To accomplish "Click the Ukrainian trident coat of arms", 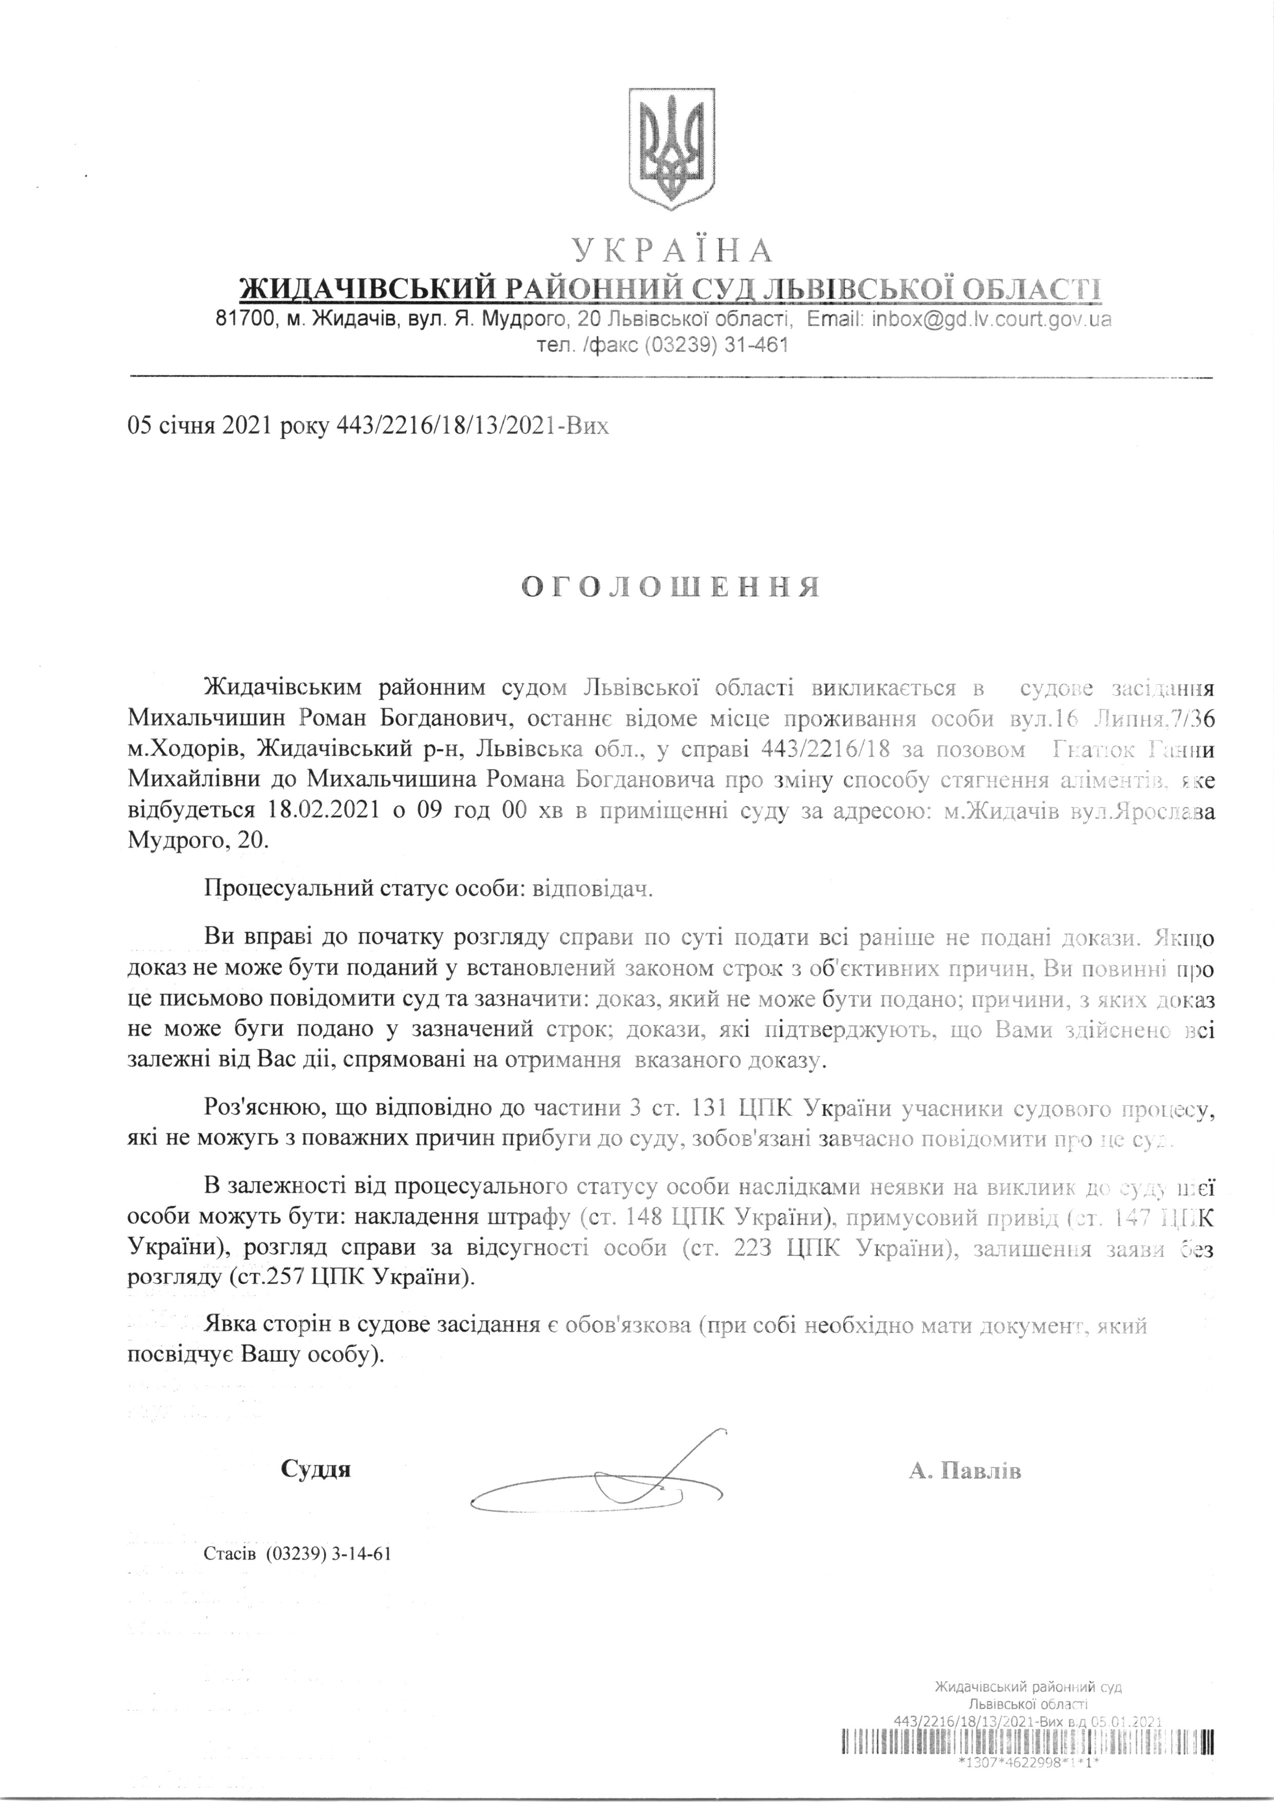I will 673,148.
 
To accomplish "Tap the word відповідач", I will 593,889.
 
